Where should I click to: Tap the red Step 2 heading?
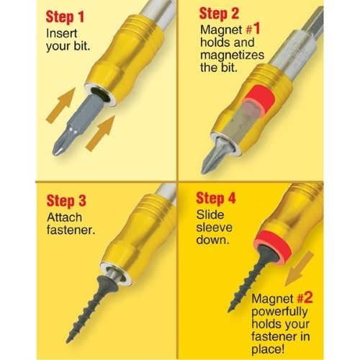tap(220, 14)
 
